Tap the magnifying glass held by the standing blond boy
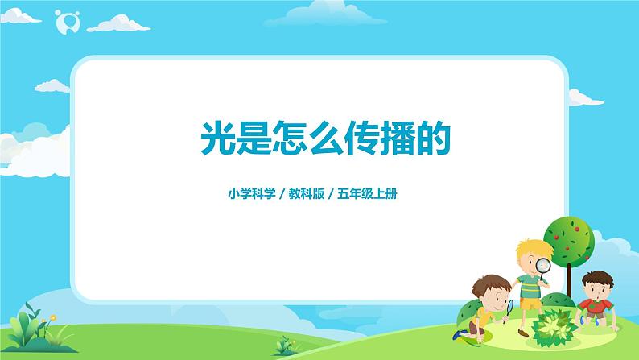(x=542, y=265)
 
